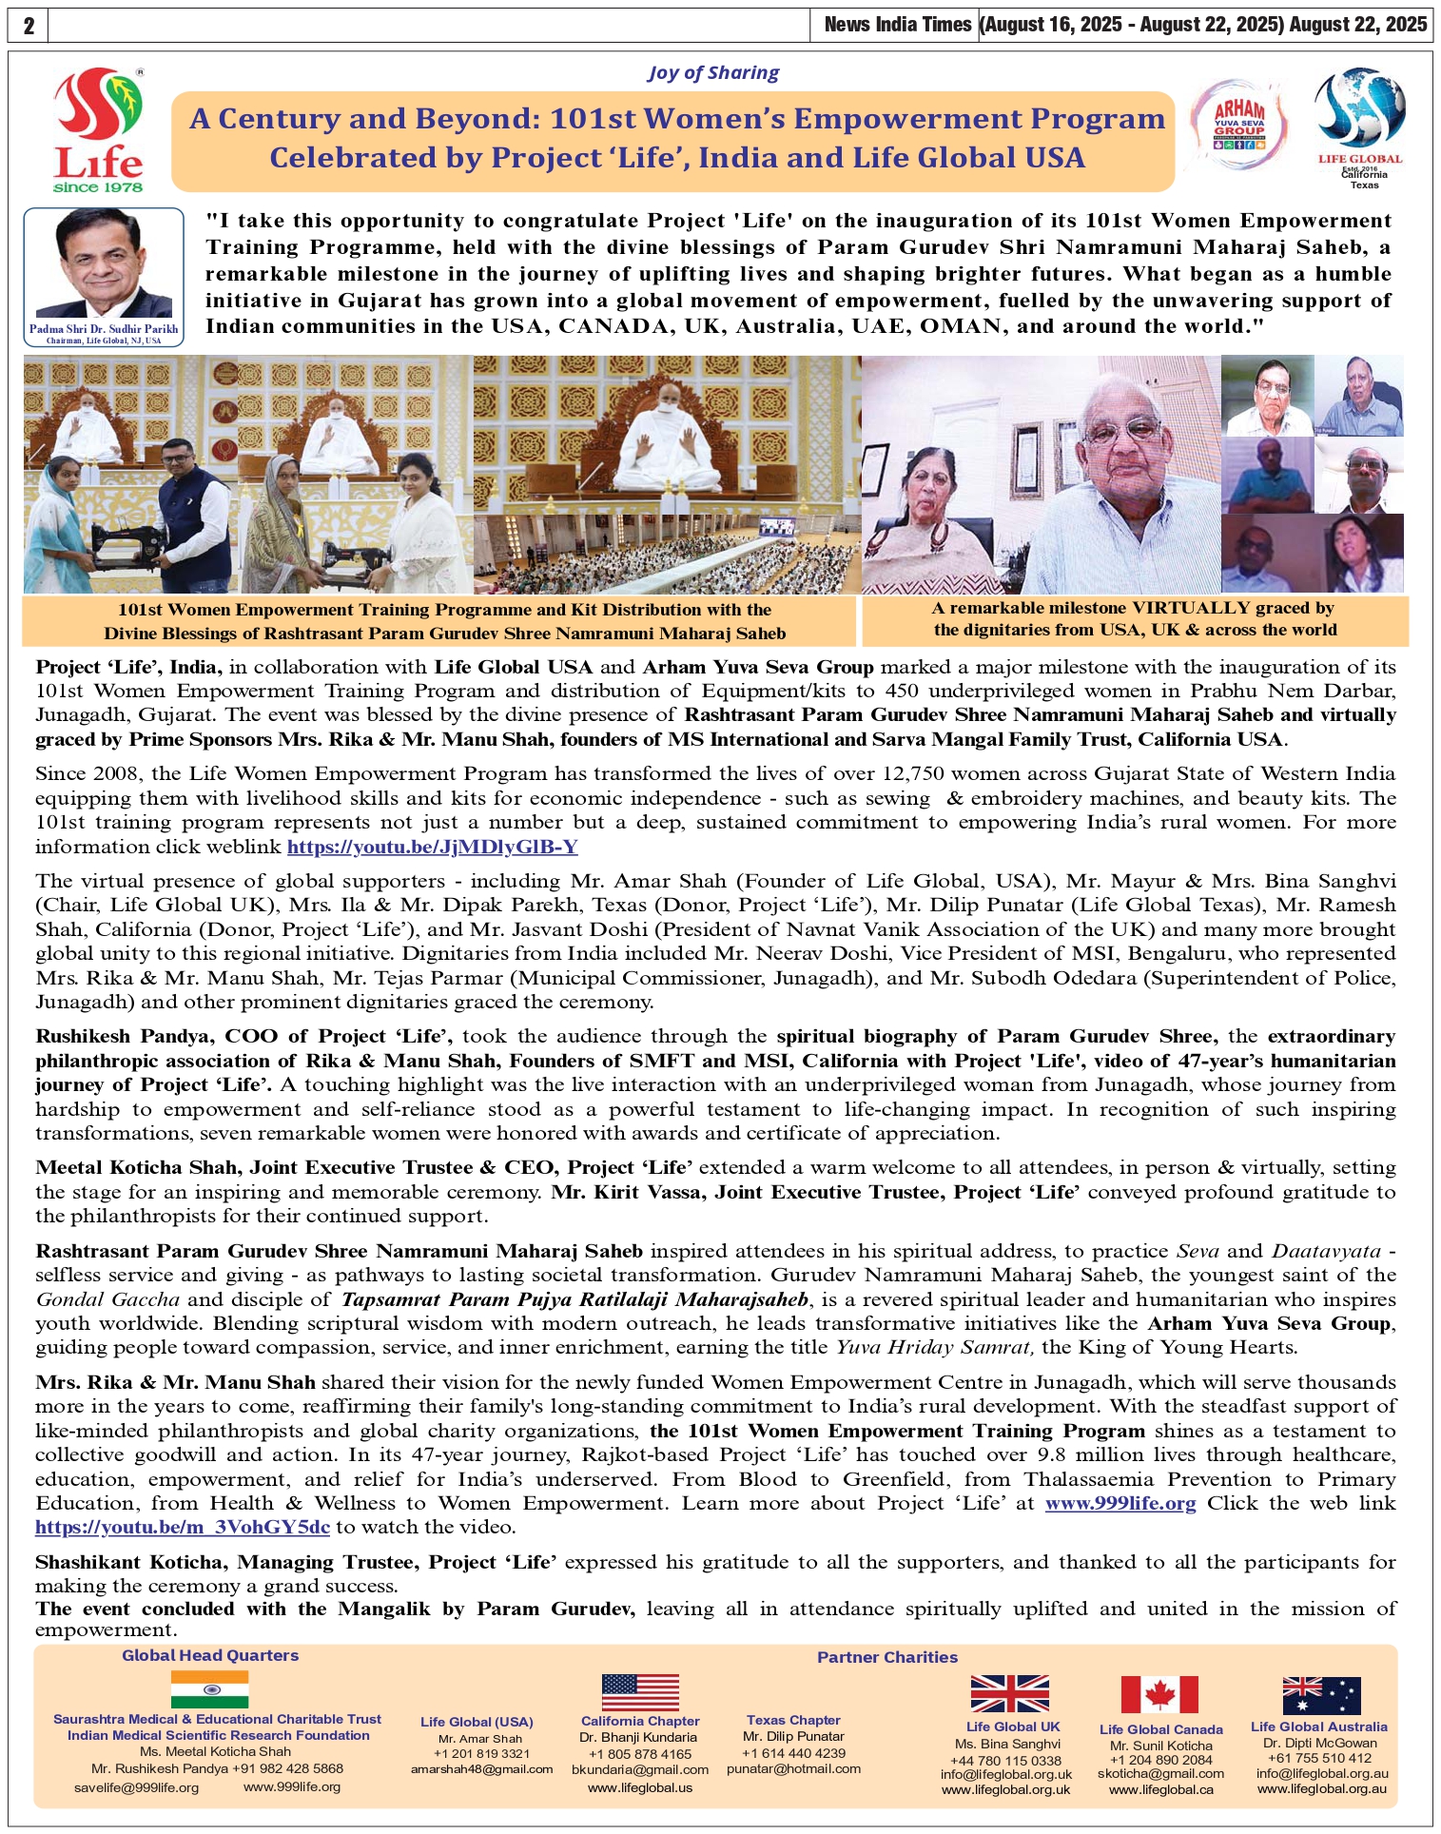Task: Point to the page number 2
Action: coord(29,26)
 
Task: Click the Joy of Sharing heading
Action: coord(713,73)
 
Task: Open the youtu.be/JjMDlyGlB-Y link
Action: coord(432,847)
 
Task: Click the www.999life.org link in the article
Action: coord(1120,1503)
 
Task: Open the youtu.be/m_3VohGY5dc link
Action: coord(183,1527)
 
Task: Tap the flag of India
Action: coord(210,1689)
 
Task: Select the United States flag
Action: coord(640,1692)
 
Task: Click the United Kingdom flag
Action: coord(1009,1694)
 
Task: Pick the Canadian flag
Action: coord(1159,1695)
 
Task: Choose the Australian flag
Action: coord(1321,1695)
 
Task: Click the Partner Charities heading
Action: coord(887,1657)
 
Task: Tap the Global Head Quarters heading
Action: coord(210,1655)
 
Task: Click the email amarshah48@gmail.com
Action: coord(481,1769)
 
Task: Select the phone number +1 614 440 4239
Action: coord(793,1753)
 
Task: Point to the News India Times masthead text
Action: coord(897,25)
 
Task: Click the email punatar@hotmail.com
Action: coord(793,1769)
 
